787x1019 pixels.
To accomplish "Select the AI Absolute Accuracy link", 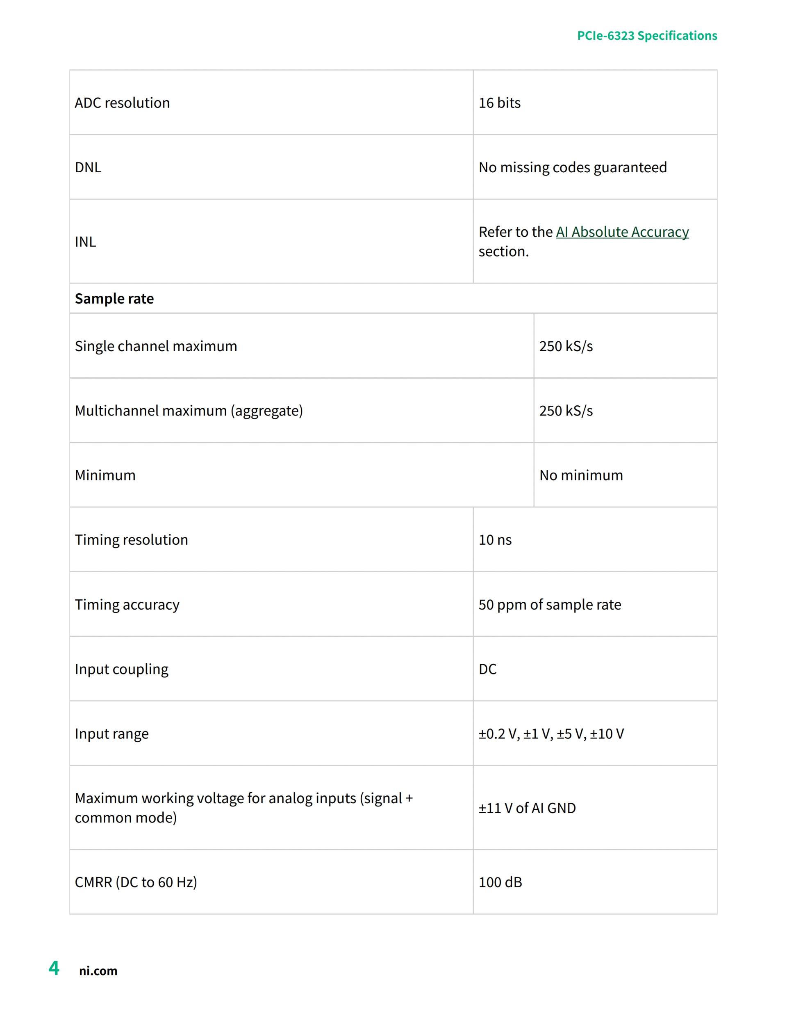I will point(622,232).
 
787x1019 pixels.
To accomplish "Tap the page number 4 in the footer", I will point(54,968).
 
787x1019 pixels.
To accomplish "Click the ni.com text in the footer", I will point(98,971).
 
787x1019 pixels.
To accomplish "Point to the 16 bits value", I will point(499,103).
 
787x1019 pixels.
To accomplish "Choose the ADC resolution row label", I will point(122,103).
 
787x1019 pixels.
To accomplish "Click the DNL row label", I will point(88,167).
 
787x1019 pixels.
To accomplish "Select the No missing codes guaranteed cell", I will point(573,167).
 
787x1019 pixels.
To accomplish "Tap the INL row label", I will point(85,242).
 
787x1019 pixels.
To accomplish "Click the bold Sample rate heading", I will point(114,299).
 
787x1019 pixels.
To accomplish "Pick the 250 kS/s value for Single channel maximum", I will point(566,346).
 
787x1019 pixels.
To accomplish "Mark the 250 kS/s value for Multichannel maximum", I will point(566,411).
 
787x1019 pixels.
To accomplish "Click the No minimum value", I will point(581,475).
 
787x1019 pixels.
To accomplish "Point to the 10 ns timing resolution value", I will point(495,540).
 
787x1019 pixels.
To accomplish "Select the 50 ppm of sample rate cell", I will point(550,605).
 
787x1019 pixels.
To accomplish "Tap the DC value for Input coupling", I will point(488,669).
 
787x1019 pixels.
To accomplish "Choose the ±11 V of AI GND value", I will point(527,808).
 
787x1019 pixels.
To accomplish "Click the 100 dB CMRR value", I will point(500,882).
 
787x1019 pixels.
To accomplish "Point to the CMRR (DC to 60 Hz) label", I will point(136,882).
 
